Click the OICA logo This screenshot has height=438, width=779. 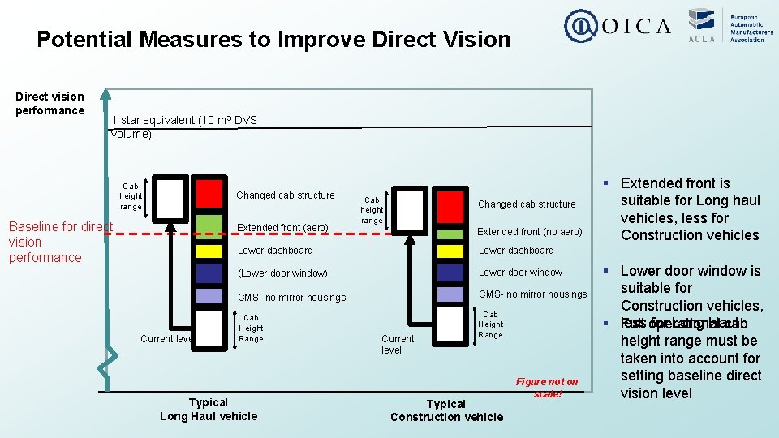tap(618, 26)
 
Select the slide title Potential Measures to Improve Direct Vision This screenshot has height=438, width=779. tap(273, 40)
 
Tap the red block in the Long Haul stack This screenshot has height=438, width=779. tap(209, 193)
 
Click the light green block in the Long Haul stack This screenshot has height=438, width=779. tap(209, 224)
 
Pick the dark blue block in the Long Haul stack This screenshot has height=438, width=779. tap(209, 273)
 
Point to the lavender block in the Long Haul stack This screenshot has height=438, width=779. tap(209, 296)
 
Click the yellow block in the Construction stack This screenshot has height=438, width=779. tap(451, 251)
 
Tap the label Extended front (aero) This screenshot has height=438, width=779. tap(282, 228)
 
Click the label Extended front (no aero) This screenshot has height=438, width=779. tap(529, 232)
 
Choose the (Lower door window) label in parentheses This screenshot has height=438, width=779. tap(282, 273)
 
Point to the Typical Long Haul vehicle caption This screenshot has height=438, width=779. tap(209, 410)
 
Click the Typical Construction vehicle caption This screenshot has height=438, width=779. tap(446, 410)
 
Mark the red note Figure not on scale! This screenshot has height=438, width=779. tap(547, 388)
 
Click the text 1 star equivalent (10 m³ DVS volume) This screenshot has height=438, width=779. tap(184, 127)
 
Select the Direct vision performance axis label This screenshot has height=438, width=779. tap(49, 104)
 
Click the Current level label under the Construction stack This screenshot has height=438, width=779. tap(398, 344)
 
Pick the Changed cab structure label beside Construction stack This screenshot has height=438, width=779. tap(527, 204)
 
